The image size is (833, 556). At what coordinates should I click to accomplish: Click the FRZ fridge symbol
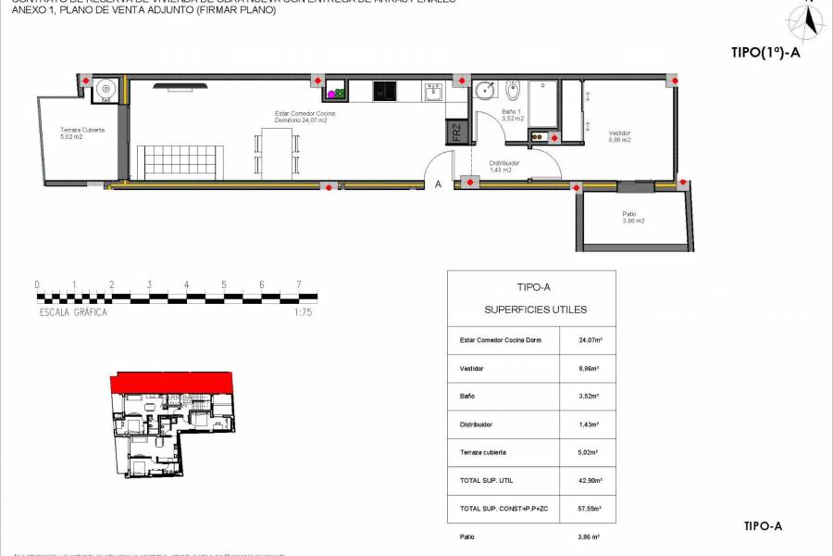point(456,133)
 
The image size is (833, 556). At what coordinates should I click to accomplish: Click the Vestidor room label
point(619,136)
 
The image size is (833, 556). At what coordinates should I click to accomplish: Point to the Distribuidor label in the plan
point(504,167)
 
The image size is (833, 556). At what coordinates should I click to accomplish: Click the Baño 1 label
point(513,116)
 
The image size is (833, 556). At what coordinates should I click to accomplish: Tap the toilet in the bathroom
point(514,91)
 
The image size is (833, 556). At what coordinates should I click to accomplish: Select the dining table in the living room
point(277,153)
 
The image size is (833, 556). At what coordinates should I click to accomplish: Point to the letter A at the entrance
point(438,184)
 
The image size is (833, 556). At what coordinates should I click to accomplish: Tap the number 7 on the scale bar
point(298,284)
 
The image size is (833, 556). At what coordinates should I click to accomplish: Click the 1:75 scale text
point(302,312)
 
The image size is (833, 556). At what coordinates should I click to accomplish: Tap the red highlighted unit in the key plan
point(172,382)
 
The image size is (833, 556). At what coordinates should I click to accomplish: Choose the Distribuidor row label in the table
point(477,424)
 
